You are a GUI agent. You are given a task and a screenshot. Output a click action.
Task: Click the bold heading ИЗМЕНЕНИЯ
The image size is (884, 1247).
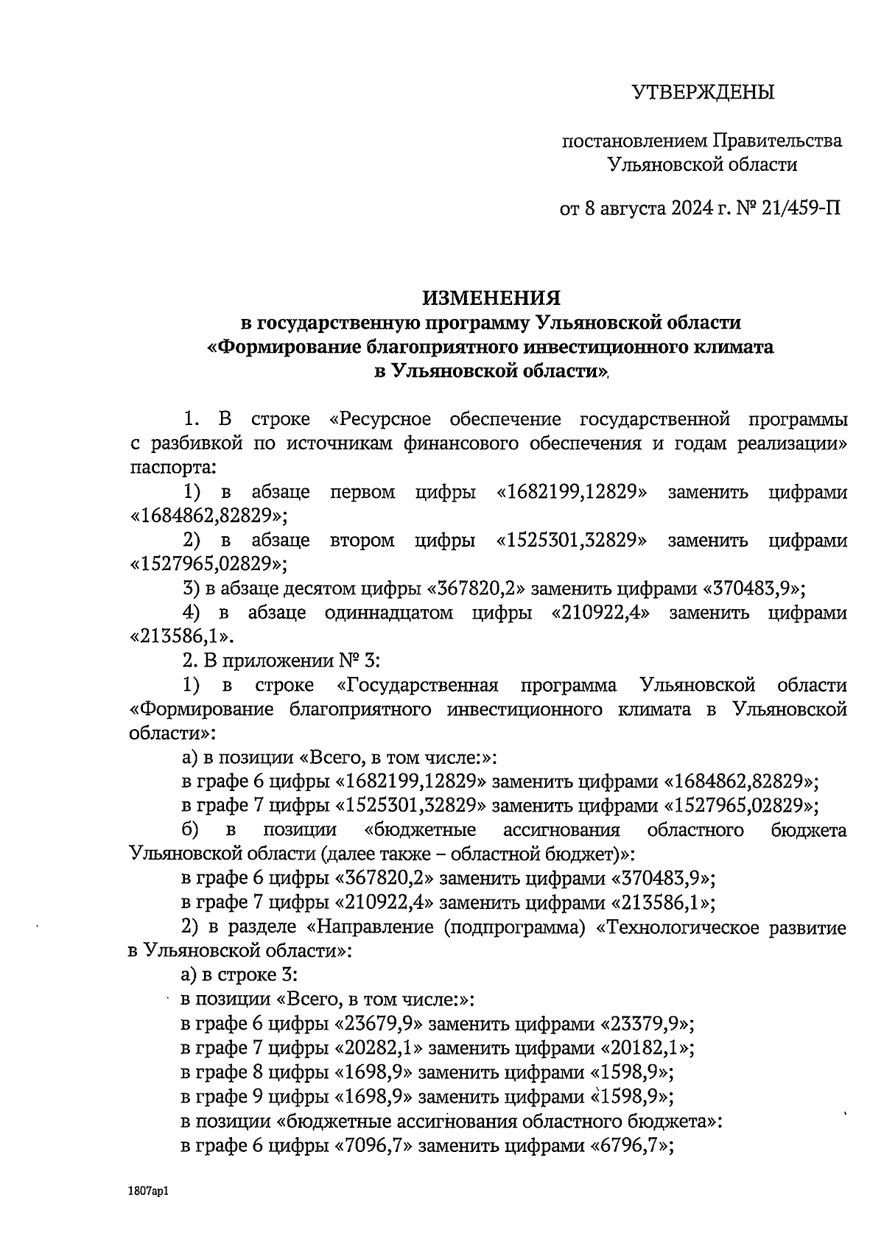491,298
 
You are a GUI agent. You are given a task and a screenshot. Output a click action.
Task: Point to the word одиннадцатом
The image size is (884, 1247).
388,613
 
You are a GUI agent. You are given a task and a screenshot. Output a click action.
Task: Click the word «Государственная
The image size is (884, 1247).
417,685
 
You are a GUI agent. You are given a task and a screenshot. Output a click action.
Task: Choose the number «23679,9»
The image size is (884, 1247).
381,1025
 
